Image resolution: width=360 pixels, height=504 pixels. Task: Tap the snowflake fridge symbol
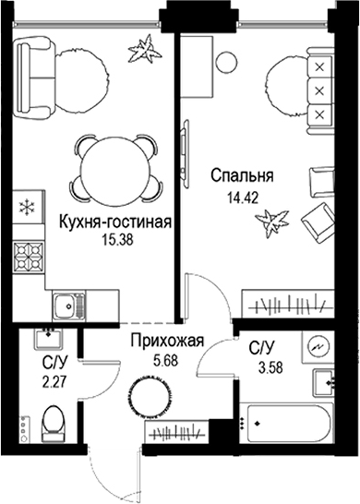pyautogui.click(x=28, y=205)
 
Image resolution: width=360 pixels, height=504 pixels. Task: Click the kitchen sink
pyautogui.click(x=66, y=303)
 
